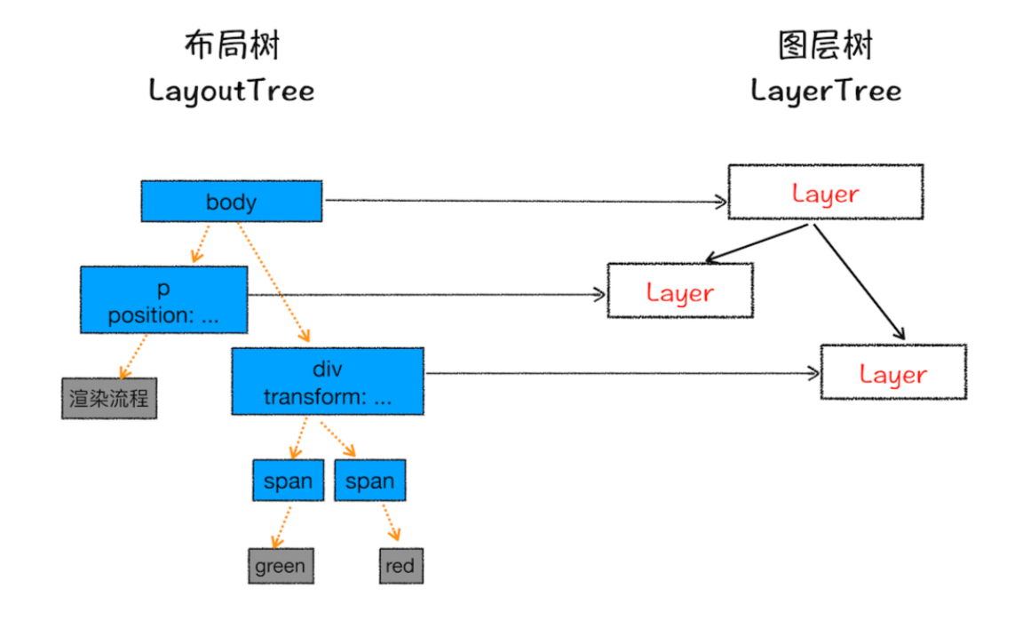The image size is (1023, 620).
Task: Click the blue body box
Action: coord(232,201)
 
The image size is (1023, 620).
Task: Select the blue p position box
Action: coord(163,299)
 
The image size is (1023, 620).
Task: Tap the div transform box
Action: coord(328,381)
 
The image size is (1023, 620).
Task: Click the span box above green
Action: coord(289,481)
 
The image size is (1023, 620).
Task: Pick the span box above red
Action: coord(370,481)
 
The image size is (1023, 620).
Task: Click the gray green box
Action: coord(281,566)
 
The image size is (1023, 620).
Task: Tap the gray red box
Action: coord(401,566)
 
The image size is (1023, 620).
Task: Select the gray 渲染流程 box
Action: coord(109,398)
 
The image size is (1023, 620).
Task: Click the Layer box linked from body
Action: coord(825,192)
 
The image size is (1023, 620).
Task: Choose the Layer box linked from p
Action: coord(680,290)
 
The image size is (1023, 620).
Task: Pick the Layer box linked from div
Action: coord(893,372)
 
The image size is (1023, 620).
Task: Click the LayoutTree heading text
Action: coord(232,91)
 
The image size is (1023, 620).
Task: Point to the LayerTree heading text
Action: coord(826,91)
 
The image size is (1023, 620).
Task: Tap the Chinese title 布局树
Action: coord(232,45)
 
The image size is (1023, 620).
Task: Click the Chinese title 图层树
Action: coord(826,45)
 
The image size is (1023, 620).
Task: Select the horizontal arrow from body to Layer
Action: coord(526,201)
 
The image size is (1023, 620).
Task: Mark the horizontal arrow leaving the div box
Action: coord(623,373)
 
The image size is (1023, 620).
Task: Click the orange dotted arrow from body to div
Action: coord(273,282)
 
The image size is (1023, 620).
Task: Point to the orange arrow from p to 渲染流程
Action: coord(134,356)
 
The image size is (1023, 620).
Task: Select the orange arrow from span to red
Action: coord(391,521)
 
